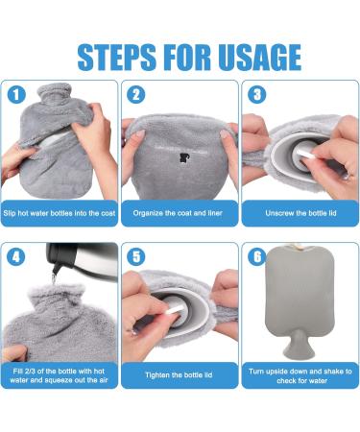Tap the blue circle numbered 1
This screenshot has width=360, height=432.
pos(16,95)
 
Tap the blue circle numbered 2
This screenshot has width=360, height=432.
pos(135,95)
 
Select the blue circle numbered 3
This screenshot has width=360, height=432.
pos(256,95)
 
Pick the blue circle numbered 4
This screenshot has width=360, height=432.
pos(16,256)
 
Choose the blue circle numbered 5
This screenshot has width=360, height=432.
pos(135,256)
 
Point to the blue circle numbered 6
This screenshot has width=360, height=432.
pos(256,256)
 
